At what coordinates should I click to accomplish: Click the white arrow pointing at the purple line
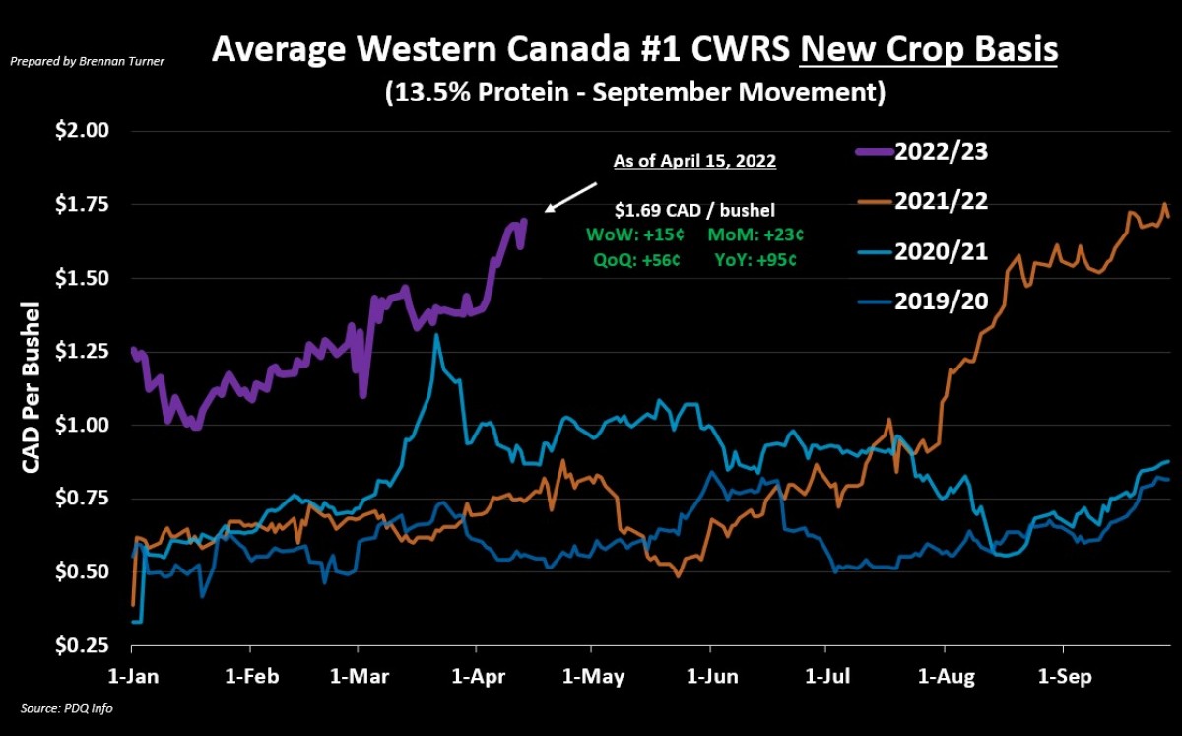click(x=570, y=197)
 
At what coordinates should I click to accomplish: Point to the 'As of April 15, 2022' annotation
click(x=694, y=161)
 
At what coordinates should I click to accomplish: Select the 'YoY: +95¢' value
click(x=755, y=261)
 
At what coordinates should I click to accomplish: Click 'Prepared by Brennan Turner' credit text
click(x=88, y=61)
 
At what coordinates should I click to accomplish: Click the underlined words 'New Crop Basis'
click(x=929, y=49)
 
